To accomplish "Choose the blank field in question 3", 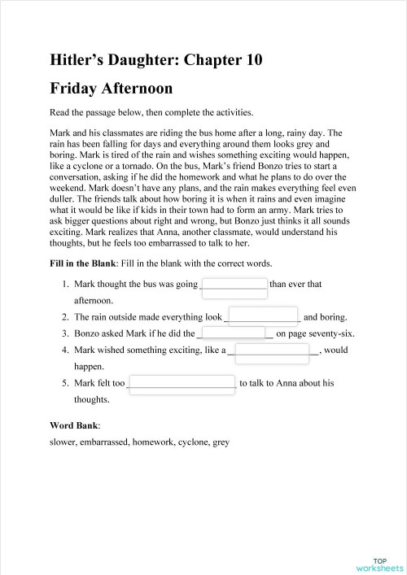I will [x=235, y=333].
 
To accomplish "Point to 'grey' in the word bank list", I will [x=220, y=442].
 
